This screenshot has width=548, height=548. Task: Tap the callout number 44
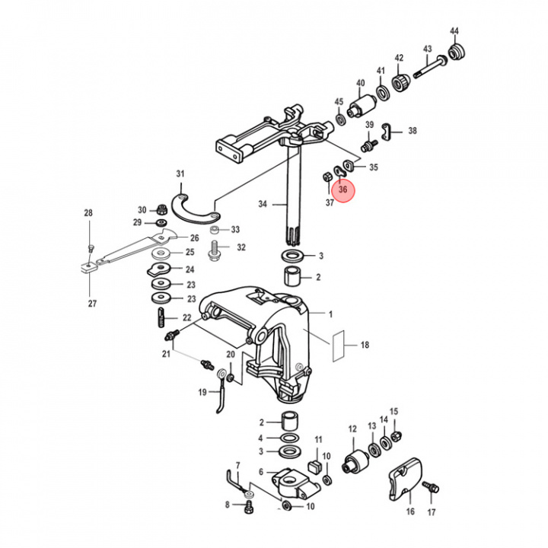454,31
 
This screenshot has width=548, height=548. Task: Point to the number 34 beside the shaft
263,204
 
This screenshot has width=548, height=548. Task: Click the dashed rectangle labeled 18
338,346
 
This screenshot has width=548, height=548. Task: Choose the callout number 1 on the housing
331,314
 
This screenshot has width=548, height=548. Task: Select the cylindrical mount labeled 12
355,460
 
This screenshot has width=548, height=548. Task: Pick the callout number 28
88,213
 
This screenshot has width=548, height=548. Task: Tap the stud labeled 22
162,317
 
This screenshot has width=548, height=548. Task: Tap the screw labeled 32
215,247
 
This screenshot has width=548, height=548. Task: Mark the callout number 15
393,412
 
